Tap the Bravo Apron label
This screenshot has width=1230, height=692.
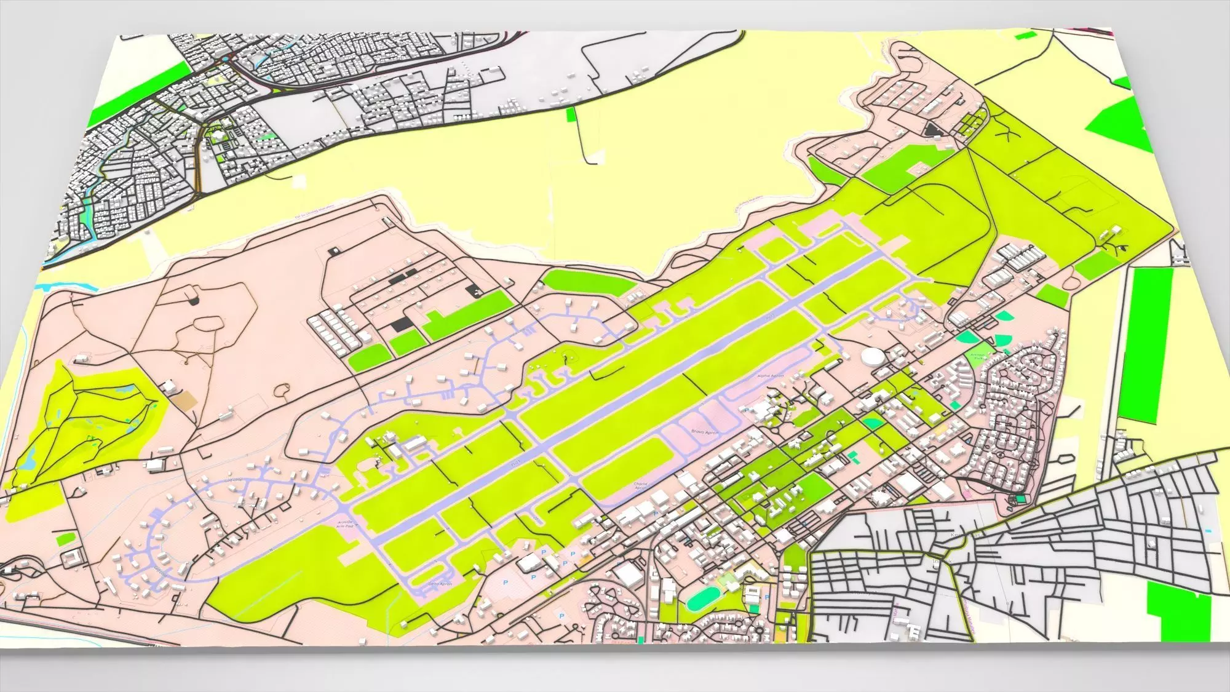click(x=701, y=432)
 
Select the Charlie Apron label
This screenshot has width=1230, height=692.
click(x=641, y=486)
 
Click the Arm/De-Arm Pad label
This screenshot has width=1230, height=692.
click(x=345, y=523)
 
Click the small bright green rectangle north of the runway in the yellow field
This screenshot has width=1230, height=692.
click(x=571, y=113)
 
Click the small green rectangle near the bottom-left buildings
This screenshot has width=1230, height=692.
click(x=65, y=539)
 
